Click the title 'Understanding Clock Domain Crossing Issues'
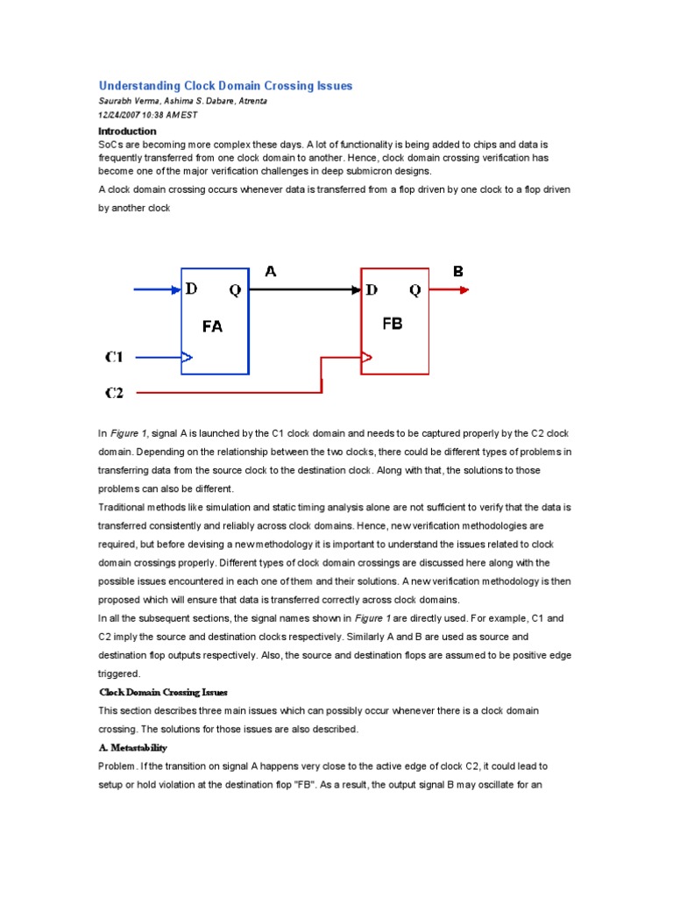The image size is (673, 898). click(x=225, y=86)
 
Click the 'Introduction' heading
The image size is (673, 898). click(x=127, y=131)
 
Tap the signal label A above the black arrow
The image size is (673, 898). click(x=271, y=272)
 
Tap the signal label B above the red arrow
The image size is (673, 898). click(x=457, y=272)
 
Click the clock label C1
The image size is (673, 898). click(x=115, y=357)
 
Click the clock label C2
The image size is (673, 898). click(x=115, y=393)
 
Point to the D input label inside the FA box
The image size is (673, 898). click(x=192, y=289)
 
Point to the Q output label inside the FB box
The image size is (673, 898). click(x=414, y=289)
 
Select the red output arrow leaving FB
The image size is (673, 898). click(x=449, y=289)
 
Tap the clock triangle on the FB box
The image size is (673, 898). click(x=367, y=357)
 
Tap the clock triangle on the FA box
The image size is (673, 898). click(x=187, y=357)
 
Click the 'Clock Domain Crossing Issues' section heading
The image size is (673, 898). click(x=163, y=692)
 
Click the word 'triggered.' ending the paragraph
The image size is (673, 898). click(x=120, y=673)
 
